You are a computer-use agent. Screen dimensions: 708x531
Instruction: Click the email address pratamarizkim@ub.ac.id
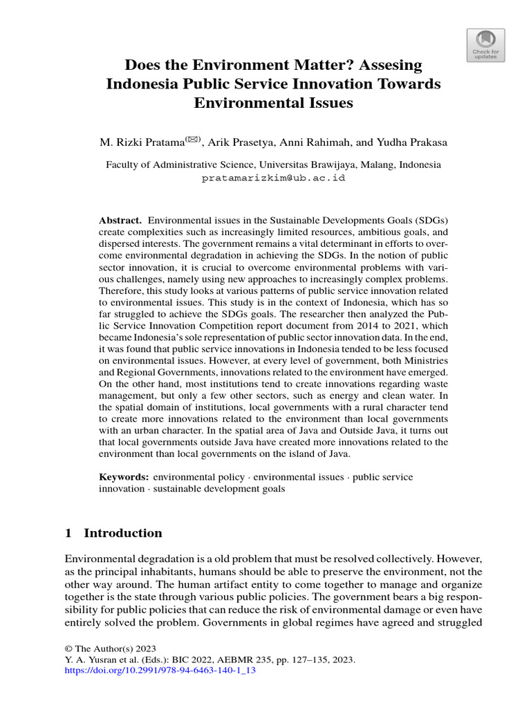click(273, 178)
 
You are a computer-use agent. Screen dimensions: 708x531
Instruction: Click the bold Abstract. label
click(120, 218)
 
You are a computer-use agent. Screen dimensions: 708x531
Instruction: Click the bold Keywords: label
click(124, 477)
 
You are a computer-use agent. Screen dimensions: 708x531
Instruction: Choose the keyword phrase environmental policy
click(198, 477)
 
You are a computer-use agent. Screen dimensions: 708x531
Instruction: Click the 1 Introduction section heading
click(113, 533)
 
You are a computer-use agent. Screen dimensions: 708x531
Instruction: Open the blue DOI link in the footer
click(156, 671)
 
